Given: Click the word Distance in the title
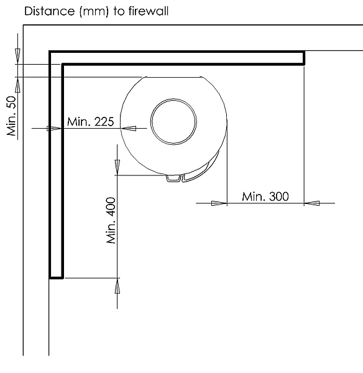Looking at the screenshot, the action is pos(50,11).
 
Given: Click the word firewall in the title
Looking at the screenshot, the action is pos(149,11).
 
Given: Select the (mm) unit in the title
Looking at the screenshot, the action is pos(94,12).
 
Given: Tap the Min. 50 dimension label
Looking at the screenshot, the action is pos(11,116).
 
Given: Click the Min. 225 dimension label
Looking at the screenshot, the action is pos(91,122).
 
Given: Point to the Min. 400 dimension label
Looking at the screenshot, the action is pos(111,220).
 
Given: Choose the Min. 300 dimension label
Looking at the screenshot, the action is pos(265,196).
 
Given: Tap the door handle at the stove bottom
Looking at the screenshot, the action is pos(173,178).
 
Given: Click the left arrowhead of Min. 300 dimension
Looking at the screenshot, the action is pos(219,203).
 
